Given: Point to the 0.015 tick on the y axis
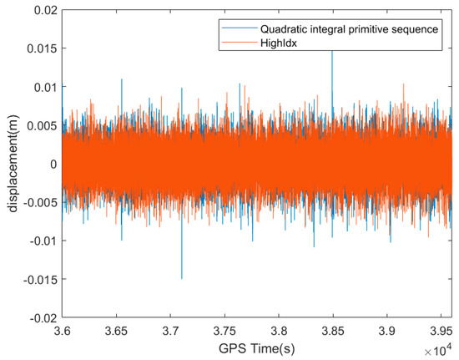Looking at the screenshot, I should click(x=41, y=48).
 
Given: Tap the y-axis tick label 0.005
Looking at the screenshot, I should click(x=41, y=124).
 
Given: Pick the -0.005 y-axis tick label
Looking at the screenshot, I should click(x=39, y=202).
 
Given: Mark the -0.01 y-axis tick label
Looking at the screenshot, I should click(x=43, y=241).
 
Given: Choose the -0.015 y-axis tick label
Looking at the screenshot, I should click(x=39, y=279).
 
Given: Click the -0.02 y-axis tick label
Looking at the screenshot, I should click(x=43, y=317).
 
